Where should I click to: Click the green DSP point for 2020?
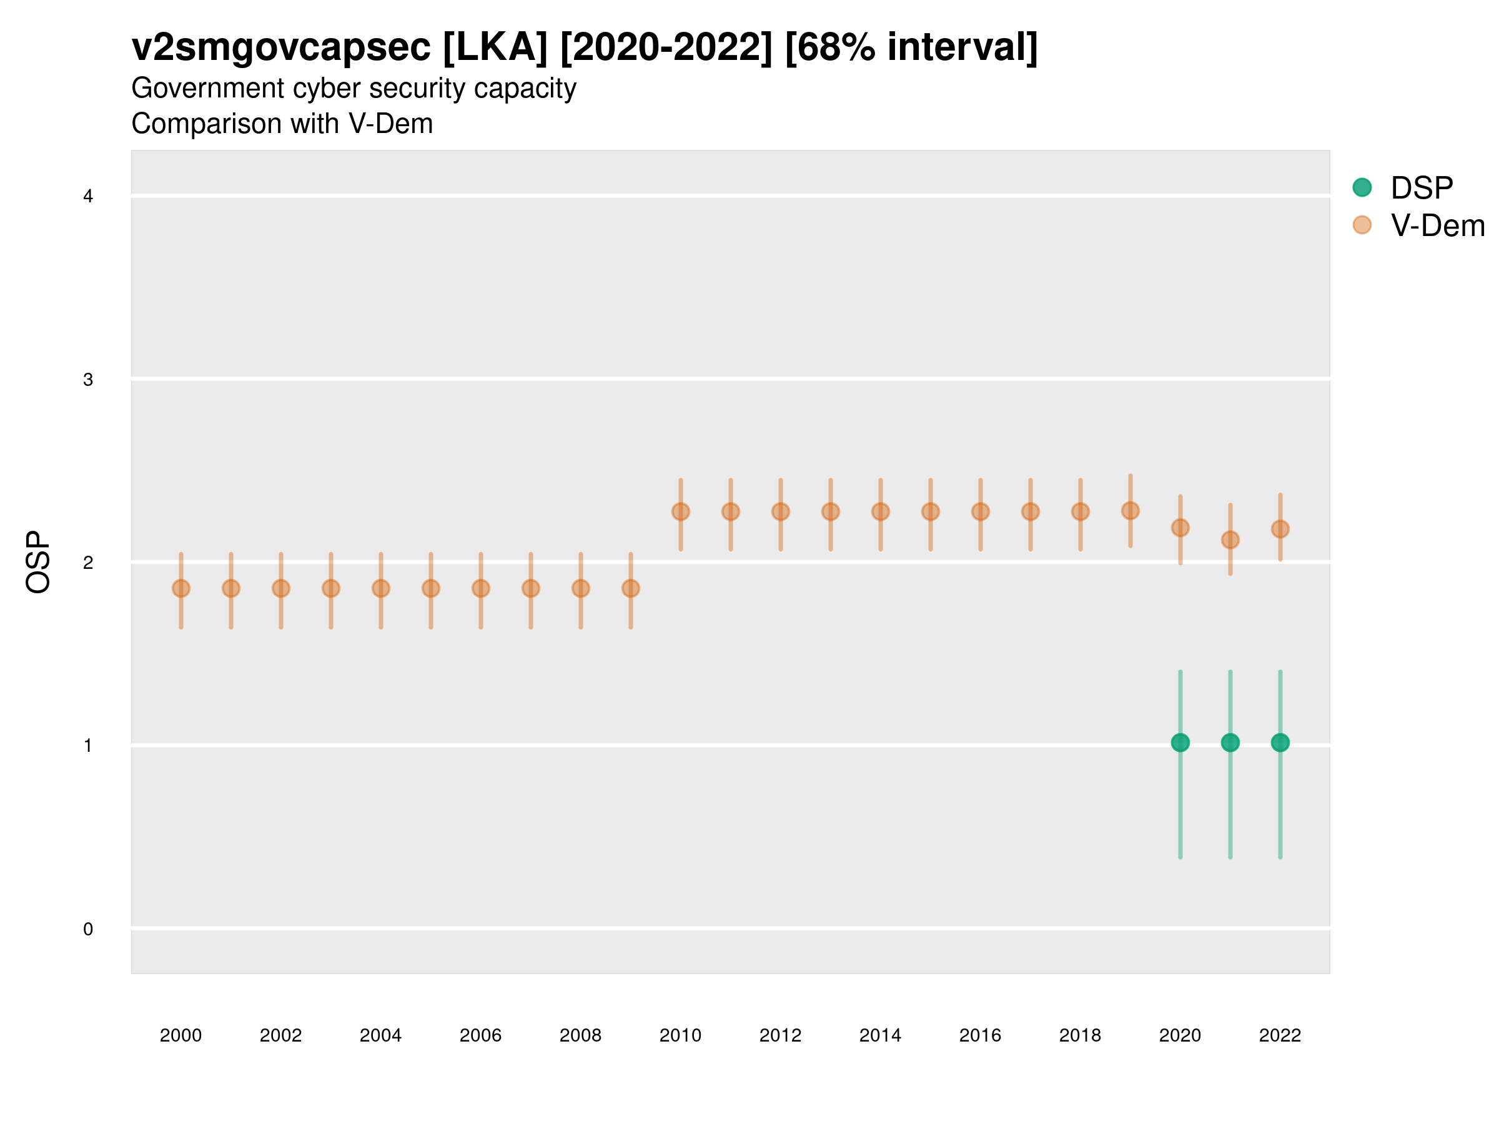pyautogui.click(x=1180, y=742)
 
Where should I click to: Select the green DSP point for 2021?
pyautogui.click(x=1230, y=742)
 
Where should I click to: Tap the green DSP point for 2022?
pyautogui.click(x=1280, y=742)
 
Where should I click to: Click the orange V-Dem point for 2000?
pyautogui.click(x=181, y=588)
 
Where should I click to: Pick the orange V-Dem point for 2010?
pyautogui.click(x=680, y=511)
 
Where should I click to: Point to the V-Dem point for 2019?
pyautogui.click(x=1130, y=510)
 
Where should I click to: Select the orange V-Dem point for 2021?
pyautogui.click(x=1230, y=540)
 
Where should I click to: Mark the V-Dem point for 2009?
pyautogui.click(x=631, y=588)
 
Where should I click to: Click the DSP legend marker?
pyautogui.click(x=1362, y=187)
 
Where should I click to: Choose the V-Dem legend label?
pyautogui.click(x=1437, y=225)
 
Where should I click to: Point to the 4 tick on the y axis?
pyautogui.click(x=88, y=197)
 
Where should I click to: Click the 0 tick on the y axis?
pyautogui.click(x=88, y=929)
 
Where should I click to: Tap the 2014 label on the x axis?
pyautogui.click(x=880, y=1035)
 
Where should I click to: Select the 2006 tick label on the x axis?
pyautogui.click(x=480, y=1035)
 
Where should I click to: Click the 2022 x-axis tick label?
pyautogui.click(x=1280, y=1035)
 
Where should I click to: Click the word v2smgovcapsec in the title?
pyautogui.click(x=280, y=47)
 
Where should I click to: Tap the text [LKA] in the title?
pyautogui.click(x=495, y=47)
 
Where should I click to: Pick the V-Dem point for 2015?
pyautogui.click(x=931, y=511)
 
